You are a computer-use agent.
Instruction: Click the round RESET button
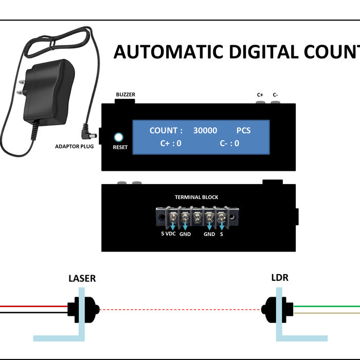tap(119, 137)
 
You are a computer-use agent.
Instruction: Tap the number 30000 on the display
tap(205, 131)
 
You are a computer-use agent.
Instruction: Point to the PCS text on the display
tap(243, 131)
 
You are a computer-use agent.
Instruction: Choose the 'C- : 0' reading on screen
tap(229, 143)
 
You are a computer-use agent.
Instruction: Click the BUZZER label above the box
tap(125, 95)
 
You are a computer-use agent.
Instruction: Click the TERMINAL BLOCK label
tap(196, 197)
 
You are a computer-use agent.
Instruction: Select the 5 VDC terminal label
tap(169, 233)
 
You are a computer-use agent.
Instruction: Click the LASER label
tap(82, 279)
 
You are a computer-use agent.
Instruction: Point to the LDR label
tap(279, 278)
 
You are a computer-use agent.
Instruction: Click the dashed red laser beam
tap(180, 310)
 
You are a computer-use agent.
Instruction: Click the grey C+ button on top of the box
tap(260, 103)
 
